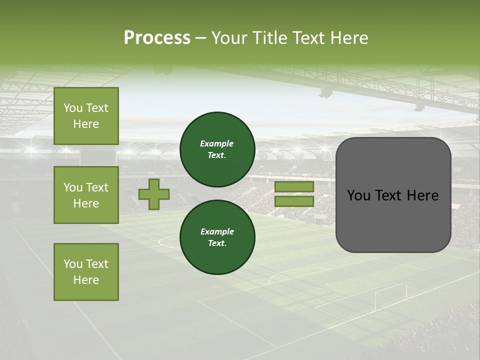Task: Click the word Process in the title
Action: tap(157, 38)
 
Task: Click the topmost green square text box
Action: tap(86, 116)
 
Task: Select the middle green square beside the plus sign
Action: tap(86, 195)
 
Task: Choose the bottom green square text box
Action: tap(86, 272)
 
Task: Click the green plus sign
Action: tap(154, 194)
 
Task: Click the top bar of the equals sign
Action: tap(294, 187)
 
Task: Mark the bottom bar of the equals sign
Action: tap(294, 201)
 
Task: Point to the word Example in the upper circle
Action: tap(217, 144)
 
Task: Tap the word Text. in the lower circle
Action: tap(217, 243)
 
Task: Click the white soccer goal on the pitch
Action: tap(390, 295)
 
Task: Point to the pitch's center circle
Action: tap(170, 242)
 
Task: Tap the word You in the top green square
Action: tap(73, 108)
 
